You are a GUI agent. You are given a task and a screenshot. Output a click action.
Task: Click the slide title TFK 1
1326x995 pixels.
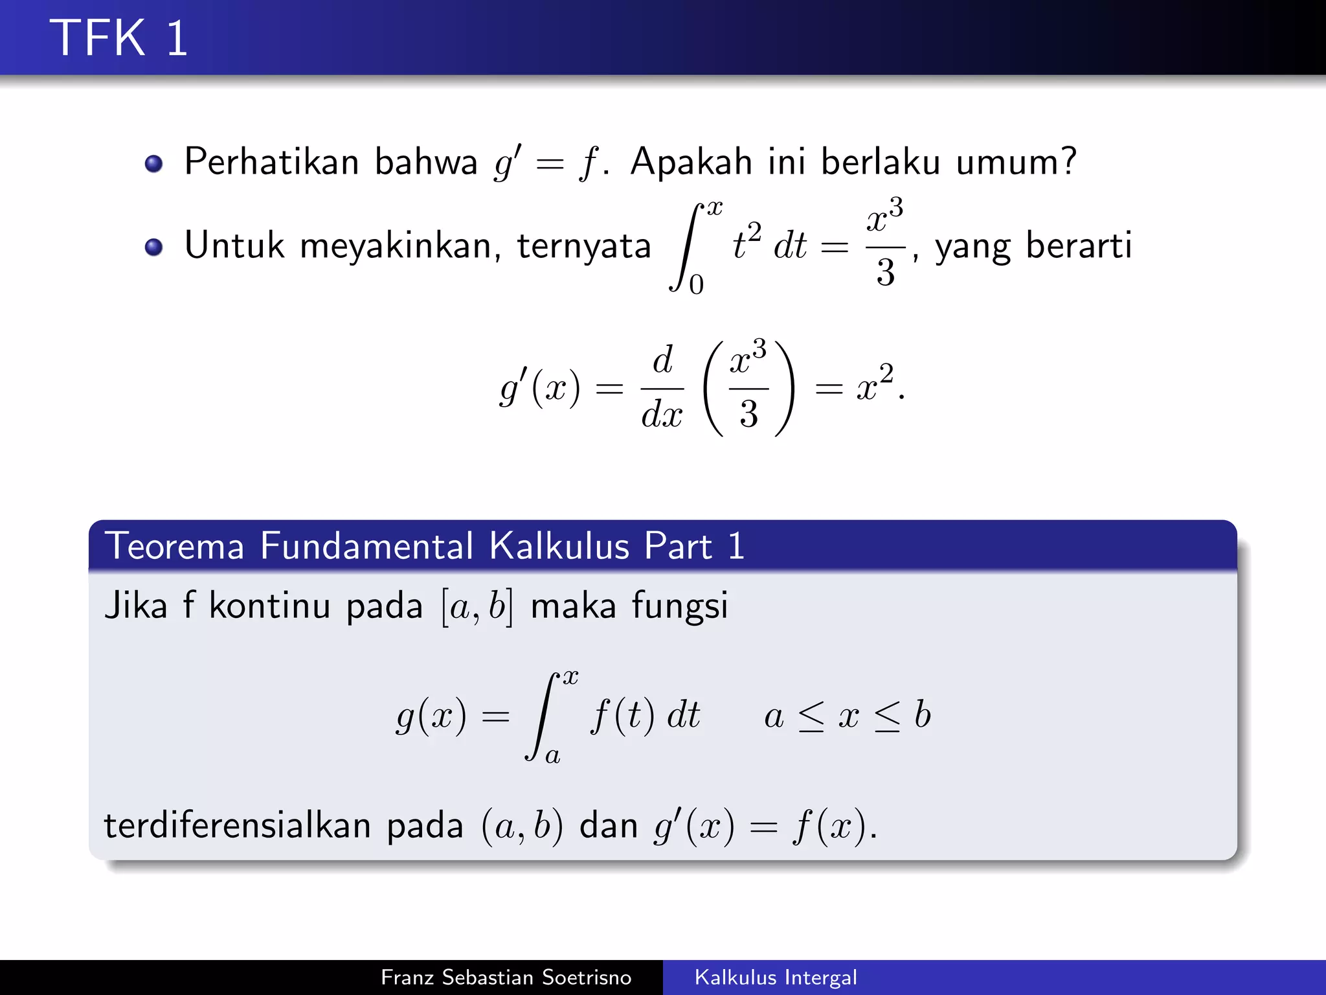click(x=118, y=38)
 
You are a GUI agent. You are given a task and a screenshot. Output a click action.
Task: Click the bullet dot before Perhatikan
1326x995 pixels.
click(x=153, y=163)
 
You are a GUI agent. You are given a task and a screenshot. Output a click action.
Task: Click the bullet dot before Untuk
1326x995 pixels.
click(x=153, y=247)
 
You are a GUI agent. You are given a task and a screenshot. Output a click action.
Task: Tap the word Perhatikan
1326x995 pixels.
click(x=271, y=161)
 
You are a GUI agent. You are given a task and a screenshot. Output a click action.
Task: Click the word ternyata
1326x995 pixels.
click(x=583, y=247)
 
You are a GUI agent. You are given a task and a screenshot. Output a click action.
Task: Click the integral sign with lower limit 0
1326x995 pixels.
click(x=685, y=247)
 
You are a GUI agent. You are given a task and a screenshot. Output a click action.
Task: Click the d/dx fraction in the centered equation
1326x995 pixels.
click(x=662, y=388)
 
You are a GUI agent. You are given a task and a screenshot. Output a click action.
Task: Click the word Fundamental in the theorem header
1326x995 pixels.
click(x=366, y=545)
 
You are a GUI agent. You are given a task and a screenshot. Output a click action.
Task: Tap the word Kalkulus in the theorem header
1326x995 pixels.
click(x=559, y=545)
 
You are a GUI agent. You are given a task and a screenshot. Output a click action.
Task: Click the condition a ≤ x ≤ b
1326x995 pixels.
click(x=847, y=716)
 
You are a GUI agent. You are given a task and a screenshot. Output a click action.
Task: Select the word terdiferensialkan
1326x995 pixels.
click(x=237, y=825)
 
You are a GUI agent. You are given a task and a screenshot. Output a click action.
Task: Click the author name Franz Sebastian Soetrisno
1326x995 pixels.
click(x=506, y=977)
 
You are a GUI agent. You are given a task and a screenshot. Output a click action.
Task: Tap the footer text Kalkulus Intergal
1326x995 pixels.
click(x=776, y=977)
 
